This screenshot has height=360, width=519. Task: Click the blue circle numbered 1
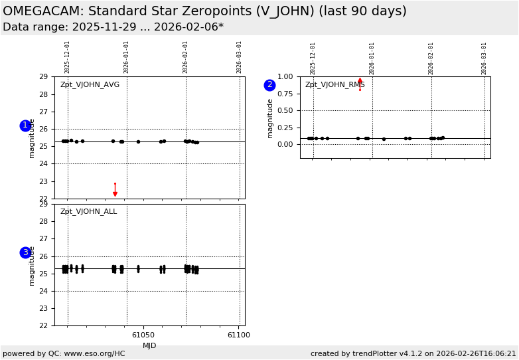click(25, 126)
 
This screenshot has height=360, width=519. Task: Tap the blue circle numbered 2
click(269, 85)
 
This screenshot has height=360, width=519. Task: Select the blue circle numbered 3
click(25, 252)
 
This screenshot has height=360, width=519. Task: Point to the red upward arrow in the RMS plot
click(360, 83)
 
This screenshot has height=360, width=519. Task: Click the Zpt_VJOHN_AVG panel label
click(90, 85)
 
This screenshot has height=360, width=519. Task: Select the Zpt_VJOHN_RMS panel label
click(334, 85)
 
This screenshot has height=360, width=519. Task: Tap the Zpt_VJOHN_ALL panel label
click(88, 212)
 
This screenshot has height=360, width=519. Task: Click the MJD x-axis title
click(149, 345)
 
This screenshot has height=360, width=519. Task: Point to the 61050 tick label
click(143, 335)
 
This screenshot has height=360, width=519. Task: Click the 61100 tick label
click(239, 335)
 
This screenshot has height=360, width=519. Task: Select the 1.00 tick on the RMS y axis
click(284, 76)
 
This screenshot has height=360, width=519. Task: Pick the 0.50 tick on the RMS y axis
click(284, 110)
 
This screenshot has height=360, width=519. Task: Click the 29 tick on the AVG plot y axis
click(43, 76)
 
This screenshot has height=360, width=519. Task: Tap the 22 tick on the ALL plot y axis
click(43, 325)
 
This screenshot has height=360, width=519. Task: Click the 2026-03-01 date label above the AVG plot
click(240, 57)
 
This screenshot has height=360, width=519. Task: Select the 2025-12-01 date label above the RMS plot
click(313, 58)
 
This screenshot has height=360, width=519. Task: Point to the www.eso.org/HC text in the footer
click(96, 353)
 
